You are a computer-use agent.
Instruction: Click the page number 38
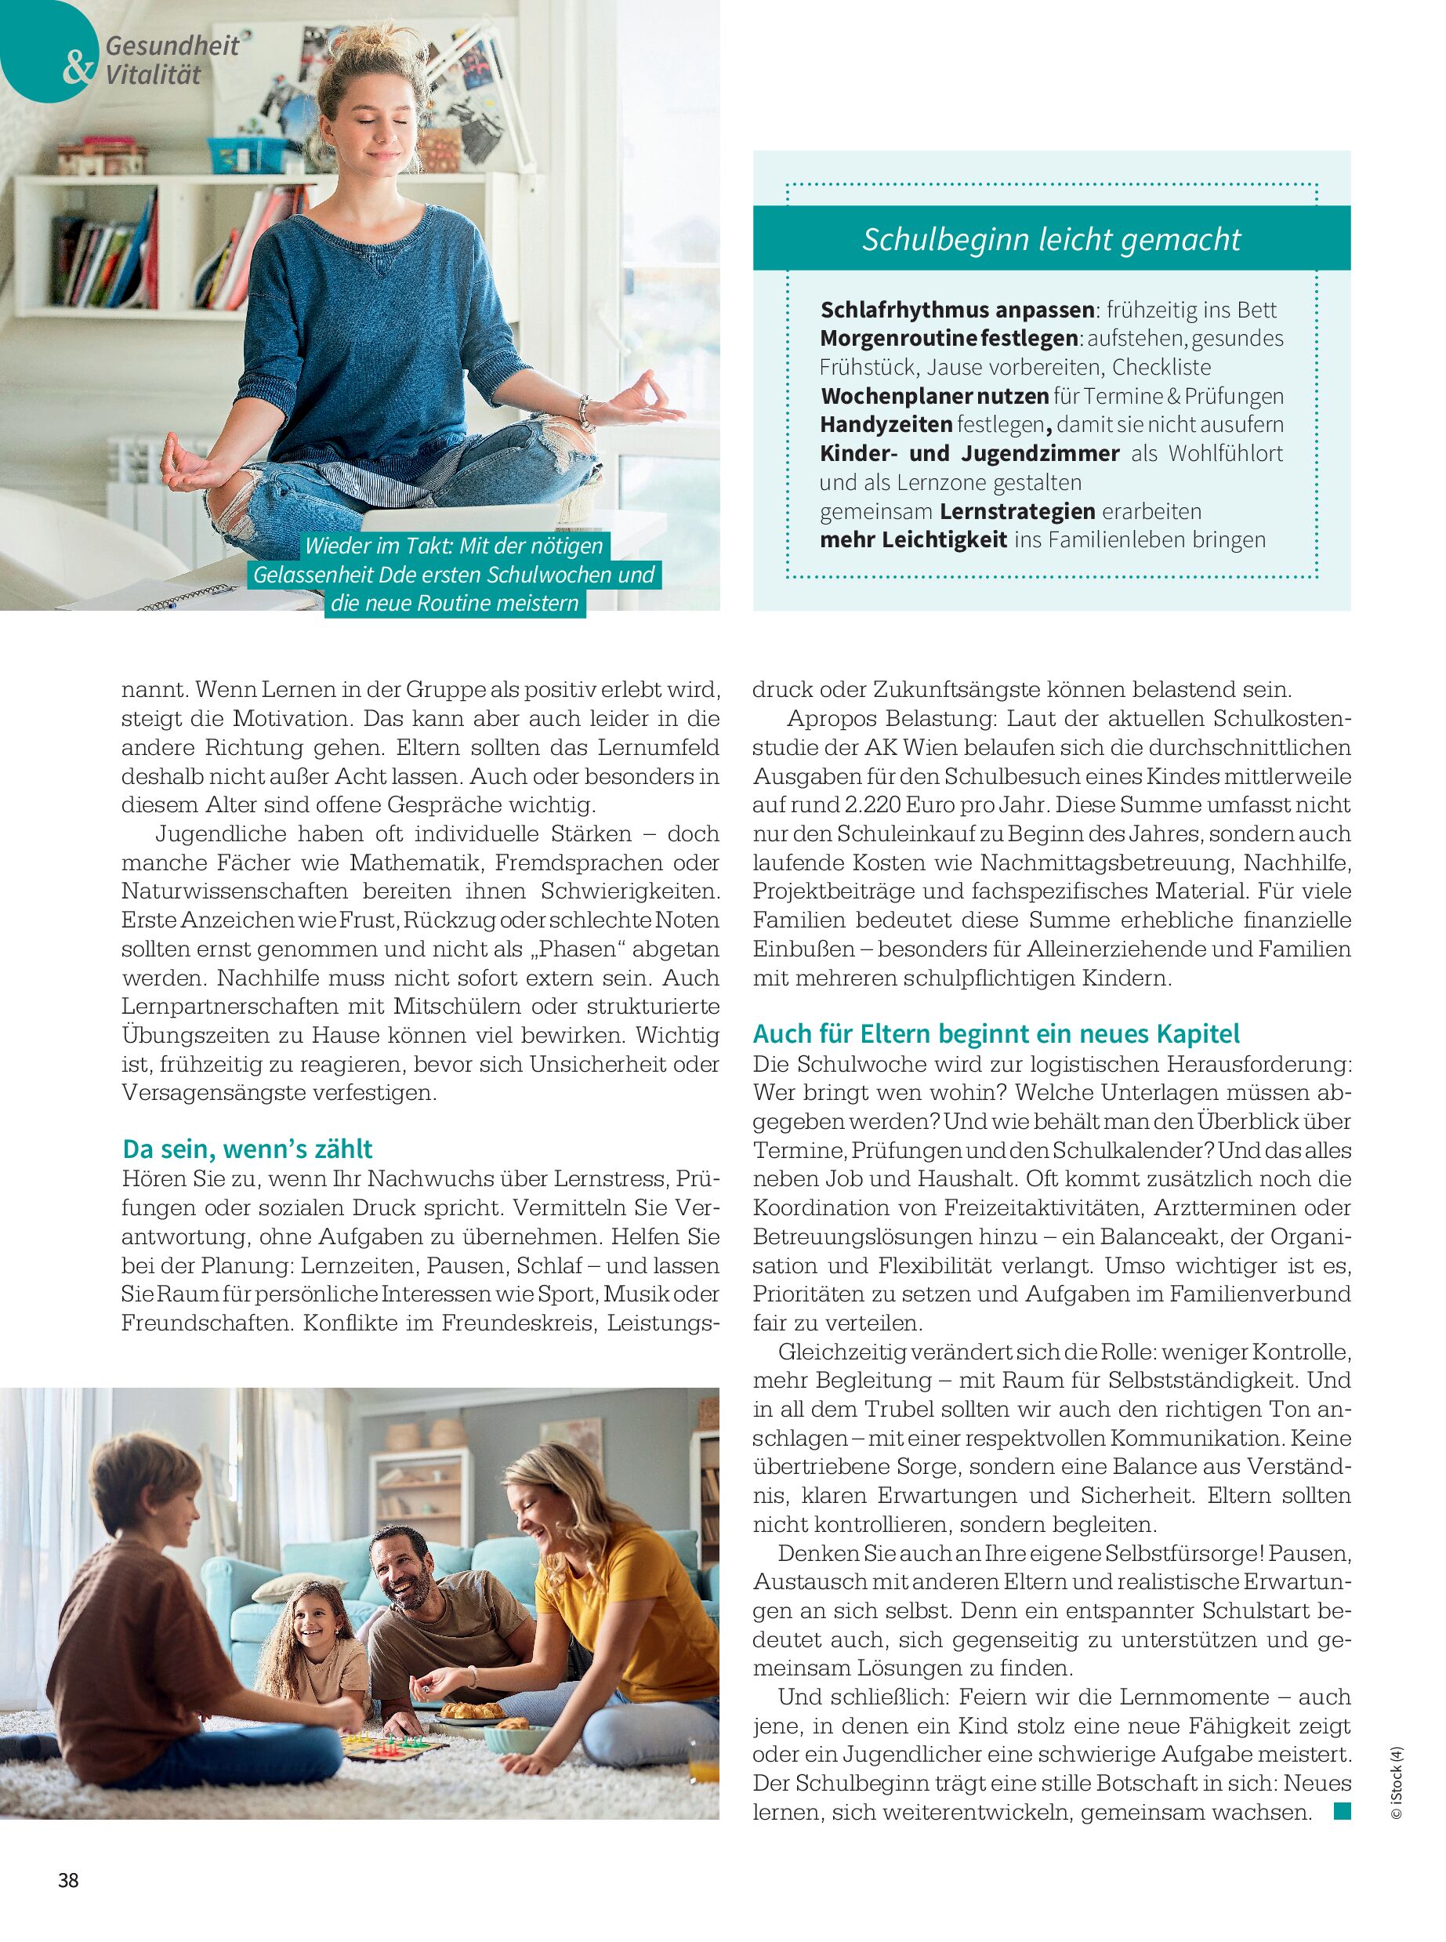click(68, 1880)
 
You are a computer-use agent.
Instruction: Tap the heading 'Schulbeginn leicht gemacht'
click(1050, 239)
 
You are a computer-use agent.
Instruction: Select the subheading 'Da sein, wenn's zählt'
click(247, 1148)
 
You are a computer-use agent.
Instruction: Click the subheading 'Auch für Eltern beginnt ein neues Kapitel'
click(995, 1034)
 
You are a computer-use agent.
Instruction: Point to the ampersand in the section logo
click(77, 67)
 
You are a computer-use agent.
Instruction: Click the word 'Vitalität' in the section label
click(153, 74)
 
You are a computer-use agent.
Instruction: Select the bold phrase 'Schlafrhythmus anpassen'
click(957, 310)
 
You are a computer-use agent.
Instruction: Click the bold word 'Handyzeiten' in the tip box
click(886, 425)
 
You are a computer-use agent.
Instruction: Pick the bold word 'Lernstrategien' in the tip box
click(1017, 511)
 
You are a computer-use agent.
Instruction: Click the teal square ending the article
click(1342, 1812)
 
